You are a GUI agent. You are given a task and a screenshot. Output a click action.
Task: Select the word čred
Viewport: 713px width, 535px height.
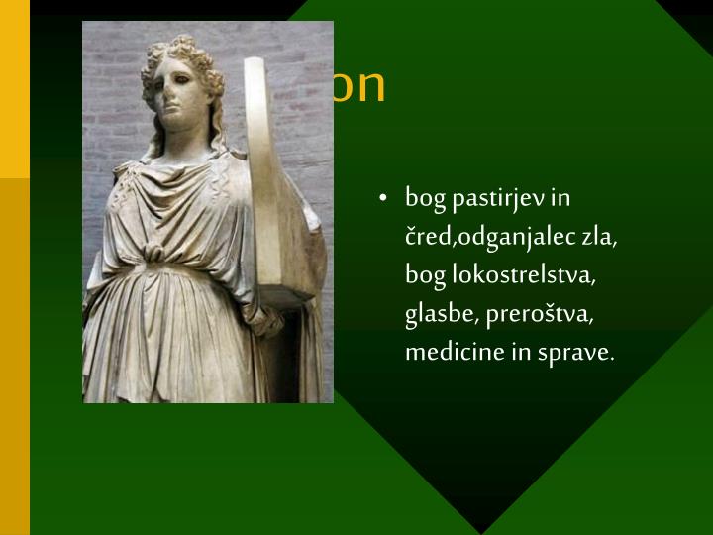pos(427,238)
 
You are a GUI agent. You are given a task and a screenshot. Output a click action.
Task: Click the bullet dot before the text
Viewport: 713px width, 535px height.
pos(381,198)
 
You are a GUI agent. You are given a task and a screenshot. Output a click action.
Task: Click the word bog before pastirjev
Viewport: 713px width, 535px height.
pos(425,199)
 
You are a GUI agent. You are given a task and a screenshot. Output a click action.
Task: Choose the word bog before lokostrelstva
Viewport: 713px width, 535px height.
pos(425,275)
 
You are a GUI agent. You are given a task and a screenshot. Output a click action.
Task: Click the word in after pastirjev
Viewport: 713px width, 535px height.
pos(560,198)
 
